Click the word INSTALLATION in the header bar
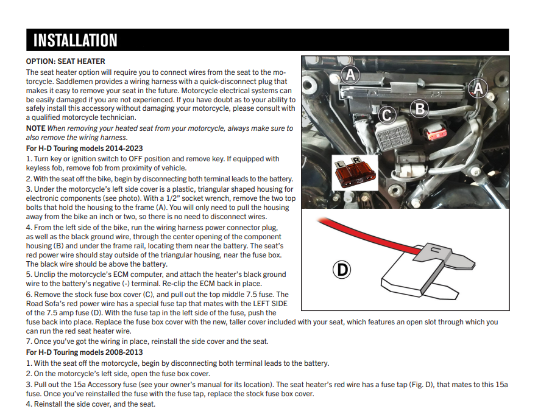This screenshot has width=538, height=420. point(75,40)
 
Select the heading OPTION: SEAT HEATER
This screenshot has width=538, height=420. point(65,61)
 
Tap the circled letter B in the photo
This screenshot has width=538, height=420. point(419,108)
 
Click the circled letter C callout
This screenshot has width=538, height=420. point(387,114)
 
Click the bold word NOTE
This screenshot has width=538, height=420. point(35,128)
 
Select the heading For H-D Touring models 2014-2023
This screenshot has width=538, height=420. point(86,148)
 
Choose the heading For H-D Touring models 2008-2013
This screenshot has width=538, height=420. point(86,352)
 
